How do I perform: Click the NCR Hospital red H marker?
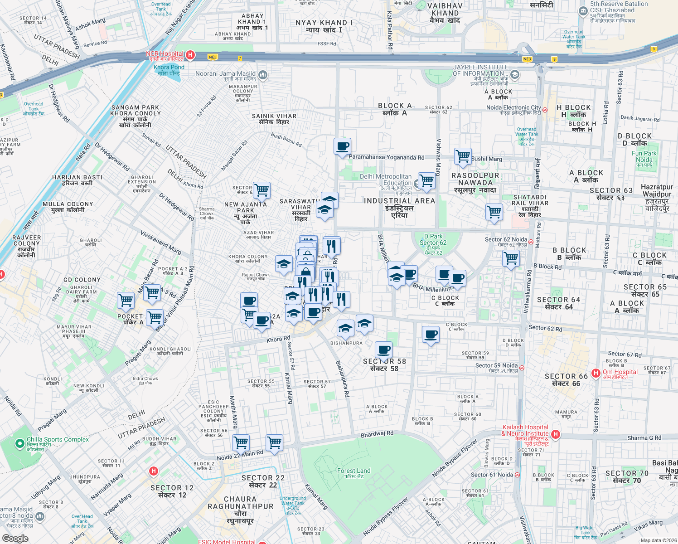pyautogui.click(x=190, y=55)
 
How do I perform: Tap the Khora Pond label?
pyautogui.click(x=169, y=70)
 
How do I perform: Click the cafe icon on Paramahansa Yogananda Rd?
pyautogui.click(x=343, y=146)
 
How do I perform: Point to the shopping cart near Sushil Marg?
pyautogui.click(x=463, y=156)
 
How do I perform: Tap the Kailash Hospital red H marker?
pyautogui.click(x=556, y=435)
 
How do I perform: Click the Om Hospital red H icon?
pyautogui.click(x=596, y=373)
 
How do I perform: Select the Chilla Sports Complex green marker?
pyautogui.click(x=19, y=443)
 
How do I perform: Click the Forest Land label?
pyautogui.click(x=354, y=473)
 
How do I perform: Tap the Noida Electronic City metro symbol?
pyautogui.click(x=545, y=110)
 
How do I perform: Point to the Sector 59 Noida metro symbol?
pyautogui.click(x=522, y=368)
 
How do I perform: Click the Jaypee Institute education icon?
pyautogui.click(x=515, y=74)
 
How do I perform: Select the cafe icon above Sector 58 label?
pyautogui.click(x=383, y=350)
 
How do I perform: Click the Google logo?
pyautogui.click(x=15, y=538)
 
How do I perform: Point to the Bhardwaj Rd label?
pyautogui.click(x=377, y=434)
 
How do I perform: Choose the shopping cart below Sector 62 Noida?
pyautogui.click(x=511, y=258)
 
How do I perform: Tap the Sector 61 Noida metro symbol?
pyautogui.click(x=517, y=475)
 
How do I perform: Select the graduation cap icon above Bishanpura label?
pyautogui.click(x=345, y=328)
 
